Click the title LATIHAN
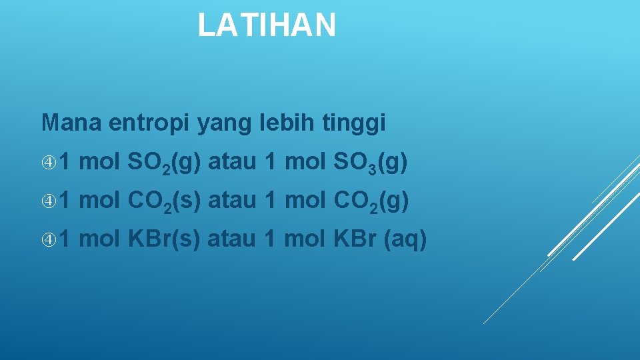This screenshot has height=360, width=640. coord(267,25)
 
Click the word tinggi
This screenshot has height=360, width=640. coord(357,124)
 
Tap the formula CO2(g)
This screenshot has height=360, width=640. coord(370,201)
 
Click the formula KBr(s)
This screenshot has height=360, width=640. coord(163,238)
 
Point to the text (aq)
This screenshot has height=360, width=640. coord(405,239)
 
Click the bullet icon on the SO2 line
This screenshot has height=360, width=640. coord(49,161)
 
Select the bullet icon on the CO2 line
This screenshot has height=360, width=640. coord(49,200)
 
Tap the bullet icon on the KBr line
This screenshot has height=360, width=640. coord(49,238)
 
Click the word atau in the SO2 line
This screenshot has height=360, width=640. coord(232,161)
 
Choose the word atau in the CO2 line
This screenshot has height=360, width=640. coord(232,200)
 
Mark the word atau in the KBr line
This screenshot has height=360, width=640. coord(231,238)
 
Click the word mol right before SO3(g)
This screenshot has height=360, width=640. coord(303,161)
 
